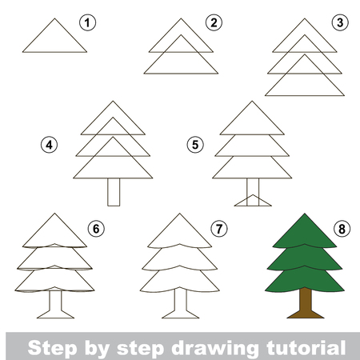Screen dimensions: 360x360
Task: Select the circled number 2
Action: coord(213,22)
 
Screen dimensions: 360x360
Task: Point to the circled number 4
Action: coord(50,146)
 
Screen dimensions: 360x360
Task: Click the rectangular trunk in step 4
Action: coord(114,191)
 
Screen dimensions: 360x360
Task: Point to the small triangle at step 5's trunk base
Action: coord(251,200)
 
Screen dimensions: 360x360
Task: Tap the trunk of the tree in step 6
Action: coord(54,305)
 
